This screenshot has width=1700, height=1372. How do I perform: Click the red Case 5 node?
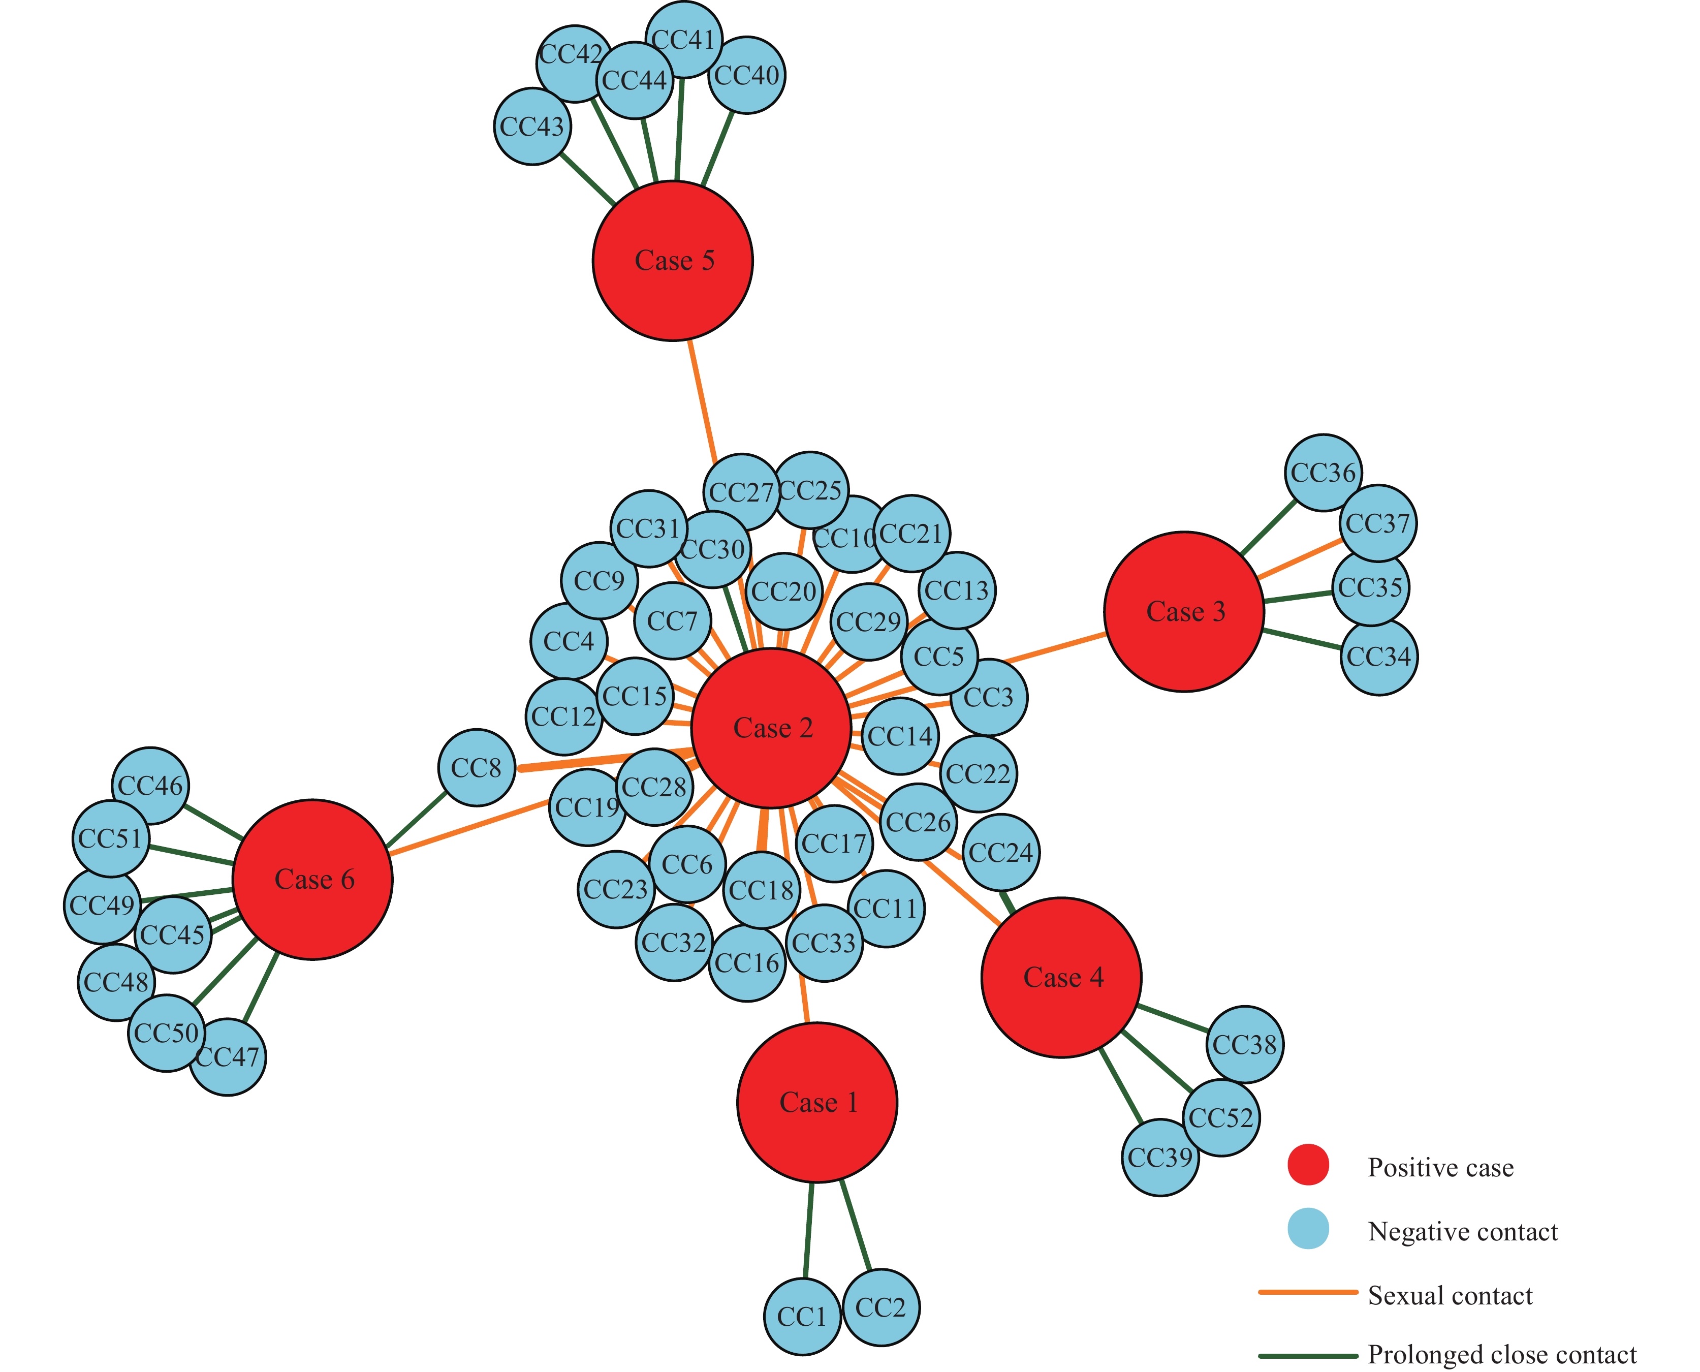coord(673,261)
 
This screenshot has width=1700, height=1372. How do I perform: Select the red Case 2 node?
coord(771,728)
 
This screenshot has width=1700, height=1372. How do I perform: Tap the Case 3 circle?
coord(1184,612)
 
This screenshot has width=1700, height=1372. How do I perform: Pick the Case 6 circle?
coord(313,880)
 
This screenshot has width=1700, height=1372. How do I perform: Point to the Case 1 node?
coord(817,1103)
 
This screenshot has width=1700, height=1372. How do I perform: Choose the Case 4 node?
coord(1061,978)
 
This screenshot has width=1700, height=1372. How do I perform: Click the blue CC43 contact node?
coord(532,127)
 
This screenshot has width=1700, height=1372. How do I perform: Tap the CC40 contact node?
coord(747,75)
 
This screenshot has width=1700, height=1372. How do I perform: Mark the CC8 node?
coord(477,767)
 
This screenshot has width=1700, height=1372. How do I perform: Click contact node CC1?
coord(802,1317)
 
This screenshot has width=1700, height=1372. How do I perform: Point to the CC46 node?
coord(150,786)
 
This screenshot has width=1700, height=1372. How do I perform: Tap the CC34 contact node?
coord(1379,657)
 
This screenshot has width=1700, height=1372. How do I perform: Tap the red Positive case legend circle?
coord(1308,1165)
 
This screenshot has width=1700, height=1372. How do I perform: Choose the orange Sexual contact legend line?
coord(1308,1292)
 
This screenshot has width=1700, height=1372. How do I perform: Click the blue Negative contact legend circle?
coord(1308,1228)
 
